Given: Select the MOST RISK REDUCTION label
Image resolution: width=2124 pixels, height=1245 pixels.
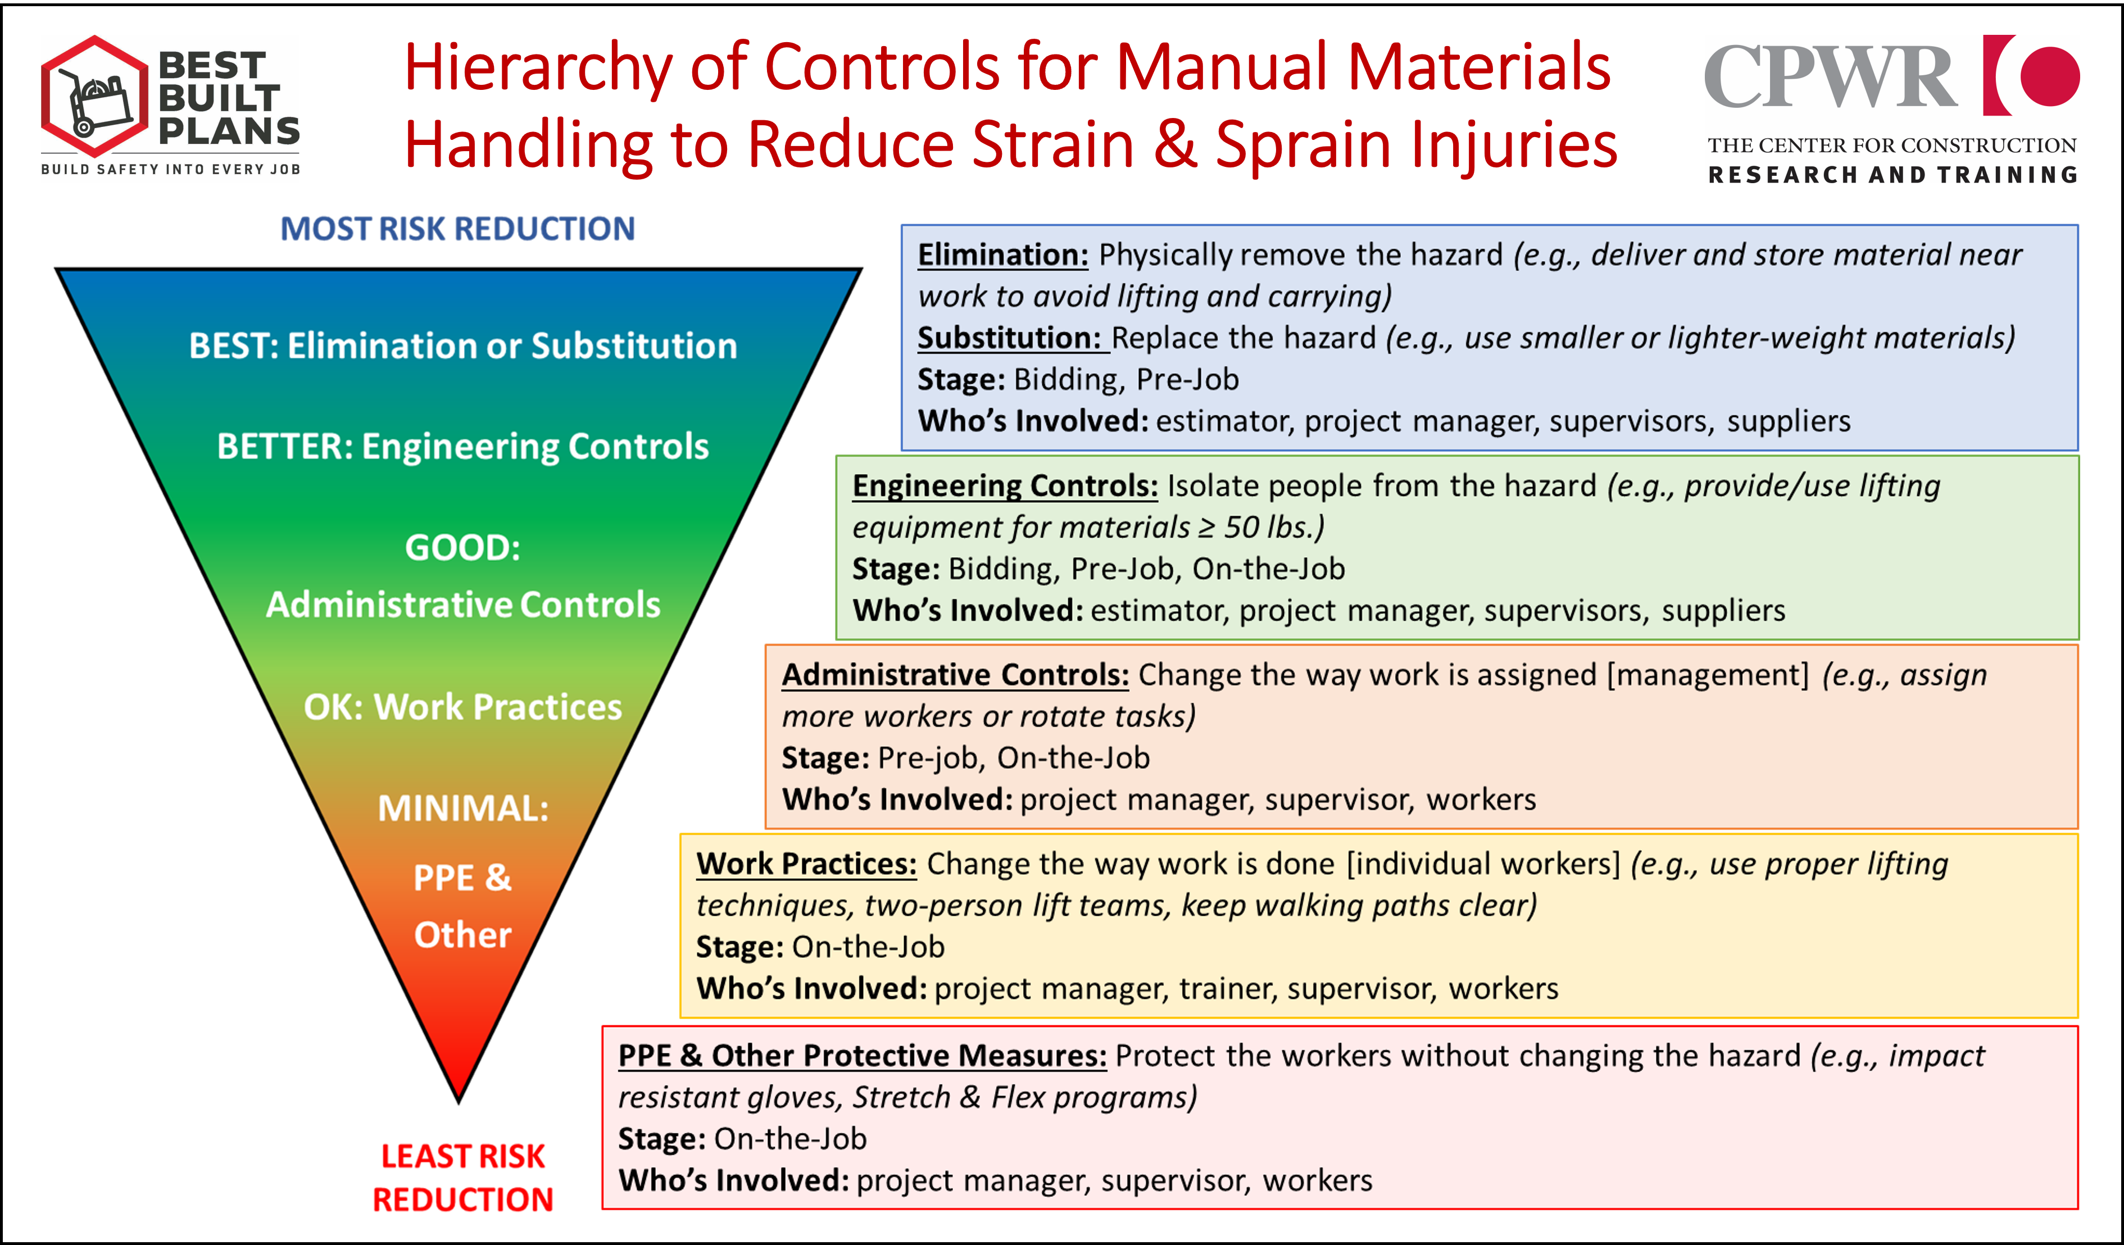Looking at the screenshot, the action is [x=457, y=229].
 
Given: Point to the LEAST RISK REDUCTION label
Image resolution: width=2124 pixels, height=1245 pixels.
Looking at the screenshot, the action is [x=463, y=1178].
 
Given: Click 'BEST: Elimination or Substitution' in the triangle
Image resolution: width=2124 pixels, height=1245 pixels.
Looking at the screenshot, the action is [x=463, y=346].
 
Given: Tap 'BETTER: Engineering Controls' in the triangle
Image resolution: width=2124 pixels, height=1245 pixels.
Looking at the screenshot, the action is [x=463, y=447].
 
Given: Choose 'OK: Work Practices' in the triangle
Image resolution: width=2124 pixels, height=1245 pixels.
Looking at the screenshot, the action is [x=463, y=706].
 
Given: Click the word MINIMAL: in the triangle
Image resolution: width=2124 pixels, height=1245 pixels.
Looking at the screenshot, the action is [x=463, y=808].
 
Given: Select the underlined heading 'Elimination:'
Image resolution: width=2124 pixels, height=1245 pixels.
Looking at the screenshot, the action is [x=1003, y=255].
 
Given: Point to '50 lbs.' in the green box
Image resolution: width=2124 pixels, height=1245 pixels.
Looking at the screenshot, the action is [x=1273, y=528].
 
